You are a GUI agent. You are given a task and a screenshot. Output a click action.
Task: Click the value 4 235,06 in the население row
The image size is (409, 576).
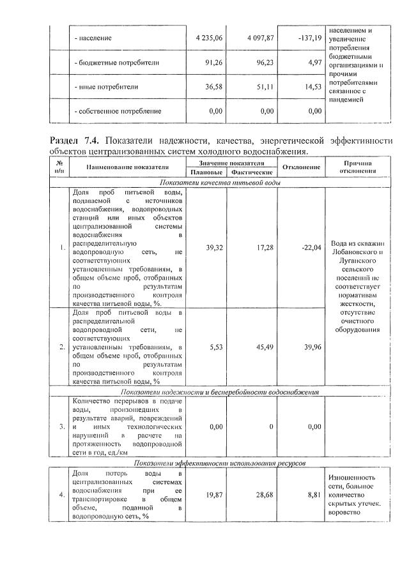[x=209, y=38]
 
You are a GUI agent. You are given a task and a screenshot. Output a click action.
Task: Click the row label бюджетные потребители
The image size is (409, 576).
[x=116, y=63]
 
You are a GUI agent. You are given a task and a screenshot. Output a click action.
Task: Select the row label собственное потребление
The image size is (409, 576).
[x=118, y=111]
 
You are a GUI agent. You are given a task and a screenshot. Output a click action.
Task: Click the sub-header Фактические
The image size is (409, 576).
[x=252, y=172]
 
